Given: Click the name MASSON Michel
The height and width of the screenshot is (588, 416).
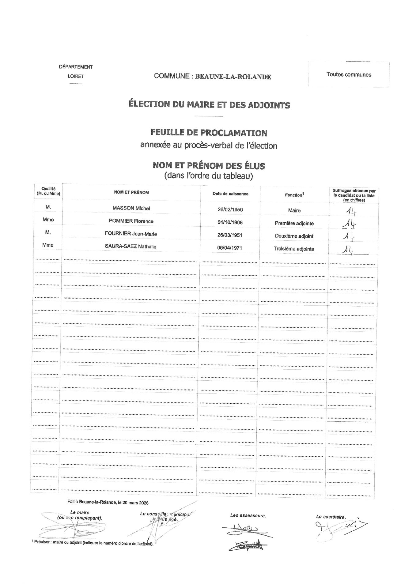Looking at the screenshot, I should point(131,208).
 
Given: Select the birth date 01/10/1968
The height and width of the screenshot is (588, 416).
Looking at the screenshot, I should point(230,222).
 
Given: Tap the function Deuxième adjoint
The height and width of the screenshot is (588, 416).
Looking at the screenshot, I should point(294,236).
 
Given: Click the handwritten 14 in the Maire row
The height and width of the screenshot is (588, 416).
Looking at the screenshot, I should point(350,211).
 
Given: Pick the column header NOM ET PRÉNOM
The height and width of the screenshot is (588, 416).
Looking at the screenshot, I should point(131,192).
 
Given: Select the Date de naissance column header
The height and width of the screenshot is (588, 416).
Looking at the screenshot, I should point(230,194).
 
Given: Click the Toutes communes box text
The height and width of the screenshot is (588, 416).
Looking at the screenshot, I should point(349,74).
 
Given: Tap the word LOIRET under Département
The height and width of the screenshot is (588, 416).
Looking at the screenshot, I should point(76,77).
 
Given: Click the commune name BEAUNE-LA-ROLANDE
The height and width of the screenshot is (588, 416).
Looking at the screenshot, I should point(233,77).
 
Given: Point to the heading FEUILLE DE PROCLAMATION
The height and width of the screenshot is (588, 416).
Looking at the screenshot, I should point(209,133).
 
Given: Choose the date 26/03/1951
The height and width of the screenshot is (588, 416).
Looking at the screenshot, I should point(230,235).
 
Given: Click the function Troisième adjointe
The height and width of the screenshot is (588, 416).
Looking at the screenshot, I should point(294,249).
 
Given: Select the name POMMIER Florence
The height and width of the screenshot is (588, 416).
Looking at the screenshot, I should point(131,221).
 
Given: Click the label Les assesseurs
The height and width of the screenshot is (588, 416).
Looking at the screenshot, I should point(248,516).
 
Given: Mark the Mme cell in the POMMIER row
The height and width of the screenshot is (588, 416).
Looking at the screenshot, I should point(48,220).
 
